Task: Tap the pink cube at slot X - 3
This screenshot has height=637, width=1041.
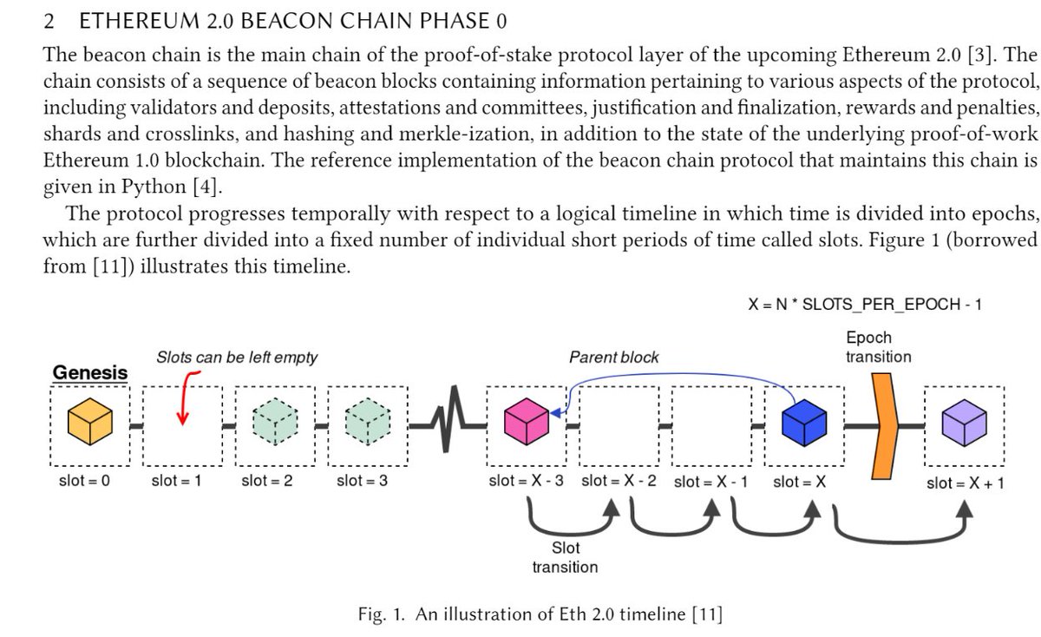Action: coord(527,422)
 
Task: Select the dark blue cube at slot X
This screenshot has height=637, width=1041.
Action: coord(802,422)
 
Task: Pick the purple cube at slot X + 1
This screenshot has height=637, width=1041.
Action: coord(965,424)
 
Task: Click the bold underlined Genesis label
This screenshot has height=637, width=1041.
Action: coord(90,372)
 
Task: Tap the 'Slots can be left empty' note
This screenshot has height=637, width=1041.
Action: coord(237,357)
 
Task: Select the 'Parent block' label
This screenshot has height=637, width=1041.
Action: coord(613,357)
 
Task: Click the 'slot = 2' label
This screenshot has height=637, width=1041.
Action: coord(266,481)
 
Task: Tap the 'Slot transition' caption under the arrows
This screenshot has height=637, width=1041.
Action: coord(565,557)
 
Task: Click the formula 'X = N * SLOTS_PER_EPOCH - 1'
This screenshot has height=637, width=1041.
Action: coord(865,305)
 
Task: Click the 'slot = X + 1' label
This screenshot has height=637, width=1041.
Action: coord(966,483)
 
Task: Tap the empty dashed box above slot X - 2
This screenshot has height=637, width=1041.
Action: coord(619,424)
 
